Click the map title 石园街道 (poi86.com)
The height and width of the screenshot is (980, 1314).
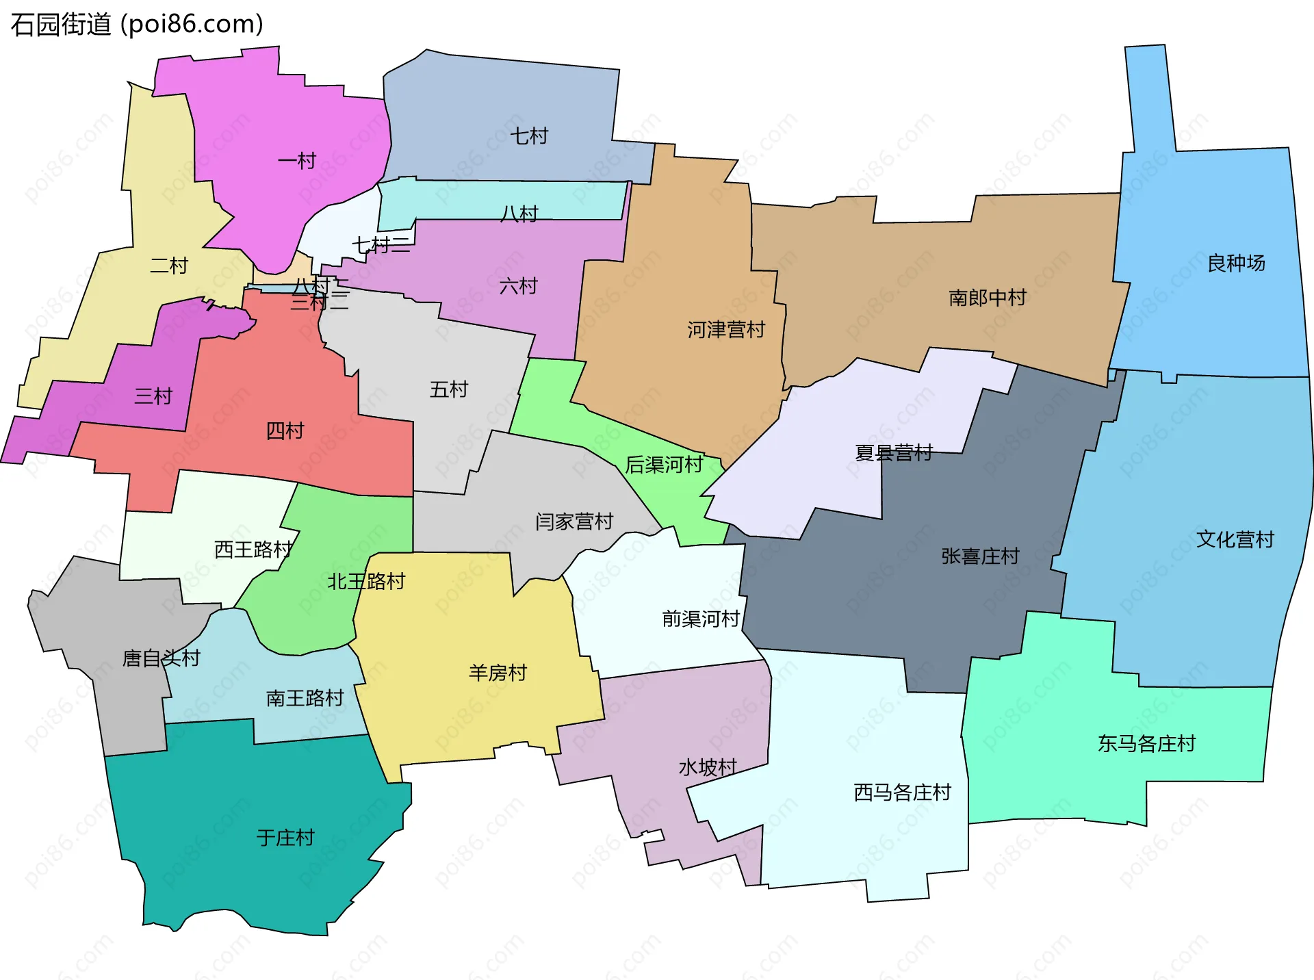pyautogui.click(x=137, y=25)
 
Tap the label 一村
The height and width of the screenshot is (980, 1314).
pyautogui.click(x=297, y=162)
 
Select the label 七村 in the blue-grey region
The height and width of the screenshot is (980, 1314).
pyautogui.click(x=529, y=136)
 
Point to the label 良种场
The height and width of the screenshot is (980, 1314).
pyautogui.click(x=1236, y=263)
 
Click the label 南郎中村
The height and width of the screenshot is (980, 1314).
pyautogui.click(x=988, y=298)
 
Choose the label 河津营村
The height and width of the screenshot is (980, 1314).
pyautogui.click(x=726, y=330)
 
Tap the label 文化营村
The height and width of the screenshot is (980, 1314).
pyautogui.click(x=1235, y=540)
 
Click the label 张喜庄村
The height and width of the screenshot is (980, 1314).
pyautogui.click(x=980, y=556)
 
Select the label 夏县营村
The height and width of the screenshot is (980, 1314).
pyautogui.click(x=894, y=453)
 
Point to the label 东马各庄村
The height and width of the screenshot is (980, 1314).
pyautogui.click(x=1146, y=744)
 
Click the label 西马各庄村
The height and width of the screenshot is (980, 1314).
pyautogui.click(x=903, y=792)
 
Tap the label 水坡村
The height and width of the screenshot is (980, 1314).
pyautogui.click(x=708, y=768)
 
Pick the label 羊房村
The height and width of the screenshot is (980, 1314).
pyautogui.click(x=498, y=673)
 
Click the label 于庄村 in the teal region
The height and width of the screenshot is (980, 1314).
pyautogui.click(x=285, y=838)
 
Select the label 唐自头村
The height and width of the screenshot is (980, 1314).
pyautogui.click(x=161, y=658)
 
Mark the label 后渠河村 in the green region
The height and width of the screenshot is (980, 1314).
pyautogui.click(x=664, y=465)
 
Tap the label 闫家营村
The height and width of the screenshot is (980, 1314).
pyautogui.click(x=574, y=522)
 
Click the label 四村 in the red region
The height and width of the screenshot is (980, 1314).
pyautogui.click(x=285, y=431)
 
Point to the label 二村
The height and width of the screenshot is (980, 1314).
pyautogui.click(x=169, y=266)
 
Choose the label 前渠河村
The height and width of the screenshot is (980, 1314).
pyautogui.click(x=701, y=619)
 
